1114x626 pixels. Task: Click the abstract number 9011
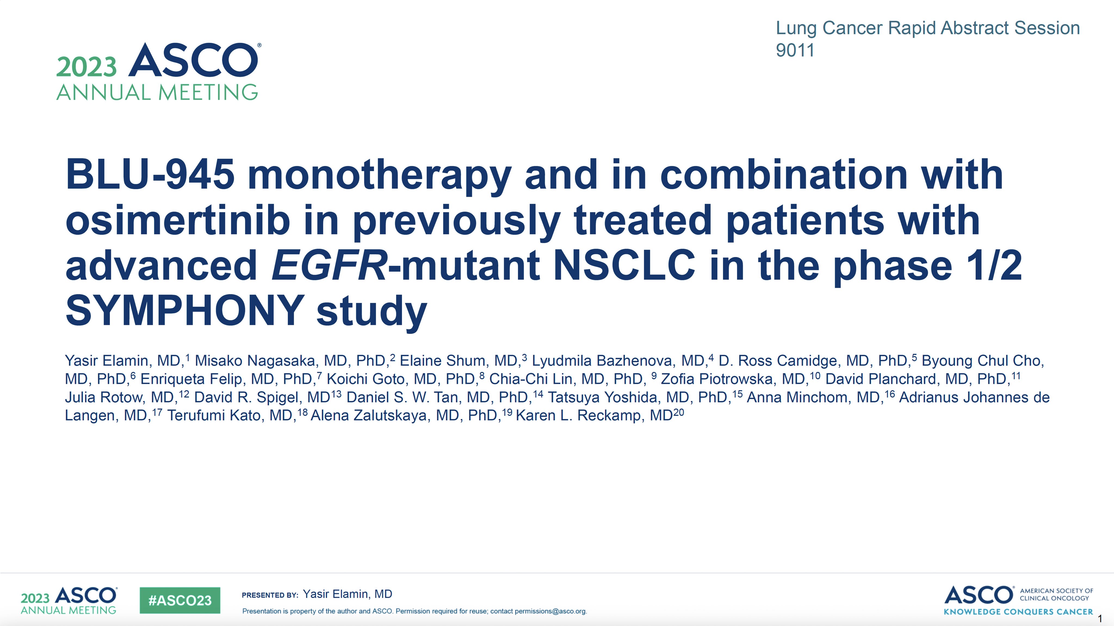tap(795, 51)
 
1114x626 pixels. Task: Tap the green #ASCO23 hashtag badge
tap(180, 600)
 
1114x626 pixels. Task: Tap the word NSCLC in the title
tap(624, 265)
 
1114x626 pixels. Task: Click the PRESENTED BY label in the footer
tap(270, 595)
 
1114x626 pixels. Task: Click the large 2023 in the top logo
tap(86, 67)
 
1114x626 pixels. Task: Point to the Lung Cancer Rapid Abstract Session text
tap(928, 28)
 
